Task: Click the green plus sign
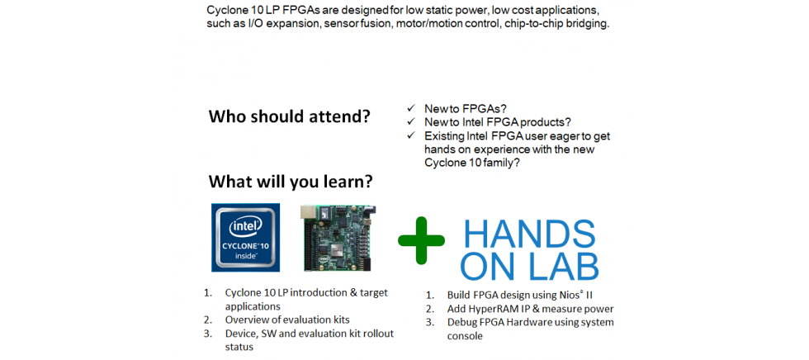click(421, 240)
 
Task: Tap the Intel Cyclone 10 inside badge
click(246, 237)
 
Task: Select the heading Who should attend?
click(290, 116)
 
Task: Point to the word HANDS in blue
click(529, 235)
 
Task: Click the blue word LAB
click(566, 266)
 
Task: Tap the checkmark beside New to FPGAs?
click(411, 108)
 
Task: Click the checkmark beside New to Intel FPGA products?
click(411, 121)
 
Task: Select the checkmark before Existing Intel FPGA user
click(411, 135)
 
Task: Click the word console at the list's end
click(465, 336)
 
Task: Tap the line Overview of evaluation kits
click(291, 320)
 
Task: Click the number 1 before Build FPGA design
click(429, 296)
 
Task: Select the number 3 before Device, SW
click(207, 334)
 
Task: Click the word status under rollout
click(239, 347)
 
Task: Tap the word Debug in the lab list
click(461, 323)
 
